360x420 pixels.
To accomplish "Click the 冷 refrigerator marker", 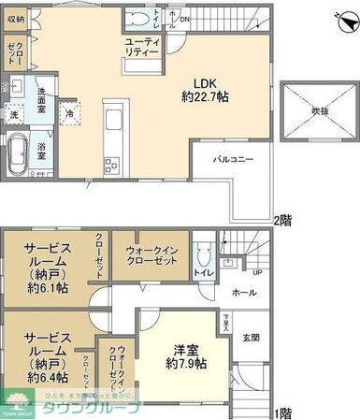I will click(x=70, y=112).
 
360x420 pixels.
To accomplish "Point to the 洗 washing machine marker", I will click(x=13, y=113).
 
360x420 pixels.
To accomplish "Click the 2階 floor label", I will click(x=282, y=222).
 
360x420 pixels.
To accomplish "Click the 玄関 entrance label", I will click(x=252, y=337).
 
